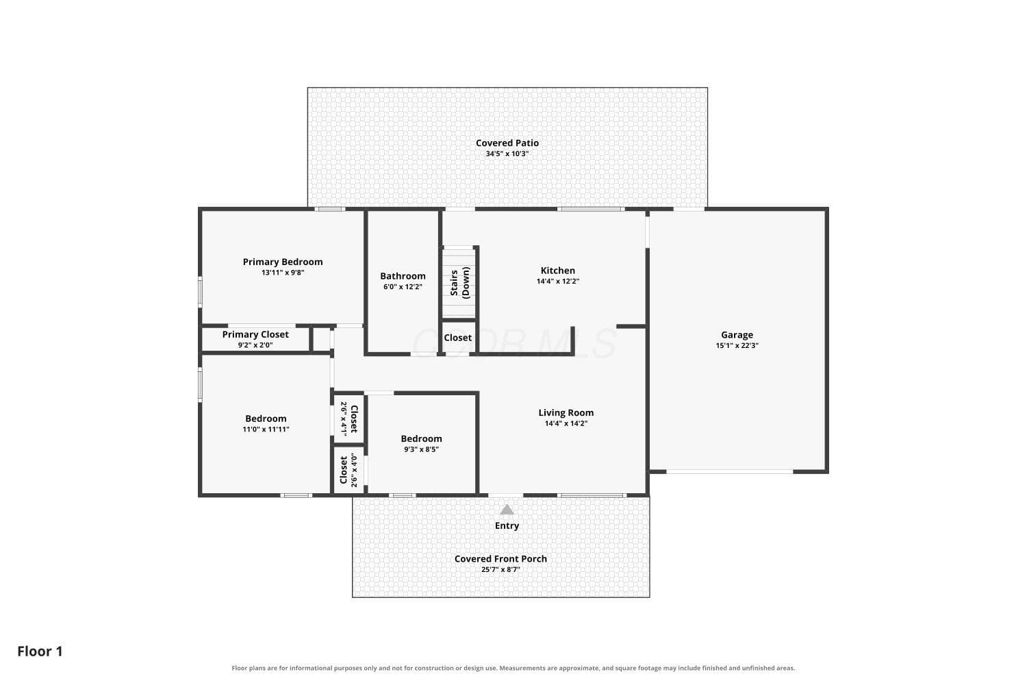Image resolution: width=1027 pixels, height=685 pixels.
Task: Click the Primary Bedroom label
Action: pyautogui.click(x=282, y=262)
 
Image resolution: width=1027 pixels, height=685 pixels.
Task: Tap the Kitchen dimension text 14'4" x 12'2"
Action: pyautogui.click(x=557, y=282)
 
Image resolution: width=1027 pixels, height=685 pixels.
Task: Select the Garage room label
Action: pyautogui.click(x=737, y=336)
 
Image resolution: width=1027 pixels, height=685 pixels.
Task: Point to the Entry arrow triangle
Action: pyautogui.click(x=507, y=510)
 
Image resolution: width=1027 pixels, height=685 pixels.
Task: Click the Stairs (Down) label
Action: pyautogui.click(x=460, y=283)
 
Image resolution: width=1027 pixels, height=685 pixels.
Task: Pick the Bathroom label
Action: pyautogui.click(x=403, y=276)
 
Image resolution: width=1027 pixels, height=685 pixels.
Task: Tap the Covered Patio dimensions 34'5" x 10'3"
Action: pyautogui.click(x=507, y=153)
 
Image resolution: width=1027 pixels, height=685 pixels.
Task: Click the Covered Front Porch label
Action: pyautogui.click(x=500, y=559)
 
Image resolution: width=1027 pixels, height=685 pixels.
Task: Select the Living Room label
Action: pyautogui.click(x=566, y=413)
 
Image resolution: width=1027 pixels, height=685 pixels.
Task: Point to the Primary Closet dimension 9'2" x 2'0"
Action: pyautogui.click(x=255, y=345)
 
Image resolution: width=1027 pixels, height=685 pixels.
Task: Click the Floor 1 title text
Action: pyautogui.click(x=40, y=651)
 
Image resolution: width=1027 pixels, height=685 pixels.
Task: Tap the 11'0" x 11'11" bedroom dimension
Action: pyautogui.click(x=266, y=429)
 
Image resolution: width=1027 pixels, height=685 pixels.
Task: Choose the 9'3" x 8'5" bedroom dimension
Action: pyautogui.click(x=421, y=449)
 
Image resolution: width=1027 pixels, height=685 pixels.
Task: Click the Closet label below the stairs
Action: pyautogui.click(x=457, y=338)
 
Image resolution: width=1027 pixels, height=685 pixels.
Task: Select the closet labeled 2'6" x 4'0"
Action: pyautogui.click(x=348, y=471)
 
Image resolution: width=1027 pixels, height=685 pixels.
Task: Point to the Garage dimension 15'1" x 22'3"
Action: pyautogui.click(x=737, y=345)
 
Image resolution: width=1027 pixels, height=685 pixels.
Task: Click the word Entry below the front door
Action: pyautogui.click(x=507, y=526)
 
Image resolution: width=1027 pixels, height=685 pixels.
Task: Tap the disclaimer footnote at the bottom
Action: pyautogui.click(x=513, y=668)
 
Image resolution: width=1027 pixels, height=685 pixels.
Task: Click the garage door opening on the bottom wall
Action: pyautogui.click(x=729, y=472)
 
